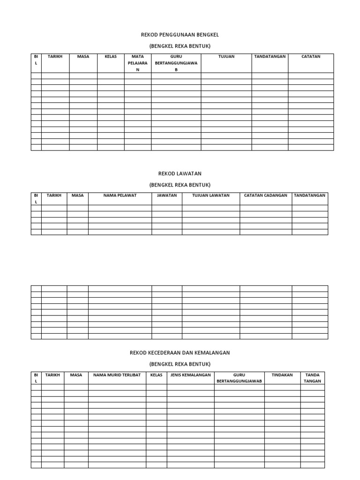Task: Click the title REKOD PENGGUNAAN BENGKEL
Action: point(180,35)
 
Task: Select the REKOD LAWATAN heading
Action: point(180,173)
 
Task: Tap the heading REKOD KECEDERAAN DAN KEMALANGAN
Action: point(180,352)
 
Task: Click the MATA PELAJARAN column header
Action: point(138,63)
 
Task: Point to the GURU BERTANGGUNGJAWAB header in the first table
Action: point(176,63)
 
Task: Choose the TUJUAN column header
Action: point(226,57)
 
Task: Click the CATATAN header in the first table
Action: point(311,57)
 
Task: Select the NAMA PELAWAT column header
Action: point(120,195)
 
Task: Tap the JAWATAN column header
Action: point(167,195)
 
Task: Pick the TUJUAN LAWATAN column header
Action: point(211,195)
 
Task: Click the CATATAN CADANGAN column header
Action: point(266,195)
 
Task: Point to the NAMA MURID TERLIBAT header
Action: point(117,375)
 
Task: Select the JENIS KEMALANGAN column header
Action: point(191,375)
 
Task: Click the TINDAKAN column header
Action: point(282,375)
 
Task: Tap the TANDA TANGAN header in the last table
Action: point(312,378)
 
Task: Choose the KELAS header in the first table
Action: point(111,57)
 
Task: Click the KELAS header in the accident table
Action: point(157,375)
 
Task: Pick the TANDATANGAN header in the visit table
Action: point(310,195)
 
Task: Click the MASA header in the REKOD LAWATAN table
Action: point(77,195)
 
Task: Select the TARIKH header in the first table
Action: point(55,57)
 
